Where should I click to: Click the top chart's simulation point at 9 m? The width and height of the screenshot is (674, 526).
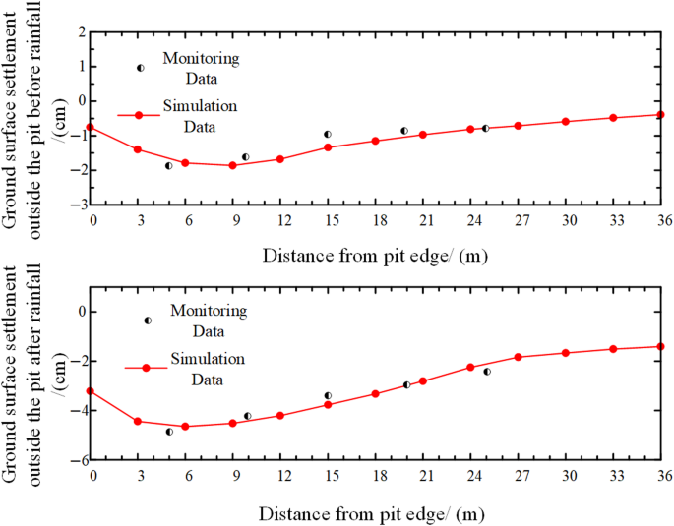[232, 165]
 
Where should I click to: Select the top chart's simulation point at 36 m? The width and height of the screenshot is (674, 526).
[660, 114]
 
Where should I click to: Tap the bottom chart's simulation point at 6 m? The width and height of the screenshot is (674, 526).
[185, 427]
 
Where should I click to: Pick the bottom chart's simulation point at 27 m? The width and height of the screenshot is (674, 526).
[518, 357]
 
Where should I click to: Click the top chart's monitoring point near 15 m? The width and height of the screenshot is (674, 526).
[328, 134]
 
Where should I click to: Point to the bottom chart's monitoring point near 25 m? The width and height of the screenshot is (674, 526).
[486, 372]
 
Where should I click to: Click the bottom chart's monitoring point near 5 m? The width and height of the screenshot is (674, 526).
[169, 432]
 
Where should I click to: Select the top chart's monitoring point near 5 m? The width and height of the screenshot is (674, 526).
[168, 166]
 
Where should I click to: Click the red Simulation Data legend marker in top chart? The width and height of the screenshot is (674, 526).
[139, 116]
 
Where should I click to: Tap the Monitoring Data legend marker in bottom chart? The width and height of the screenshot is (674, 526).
[148, 321]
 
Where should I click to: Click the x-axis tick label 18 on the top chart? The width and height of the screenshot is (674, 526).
[375, 220]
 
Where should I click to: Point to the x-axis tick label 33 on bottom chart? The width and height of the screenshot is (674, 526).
[613, 476]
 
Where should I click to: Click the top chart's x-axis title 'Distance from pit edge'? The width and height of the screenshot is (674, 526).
[374, 256]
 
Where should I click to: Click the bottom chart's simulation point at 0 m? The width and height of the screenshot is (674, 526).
[91, 391]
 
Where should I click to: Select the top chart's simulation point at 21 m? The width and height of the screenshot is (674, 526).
[423, 135]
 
